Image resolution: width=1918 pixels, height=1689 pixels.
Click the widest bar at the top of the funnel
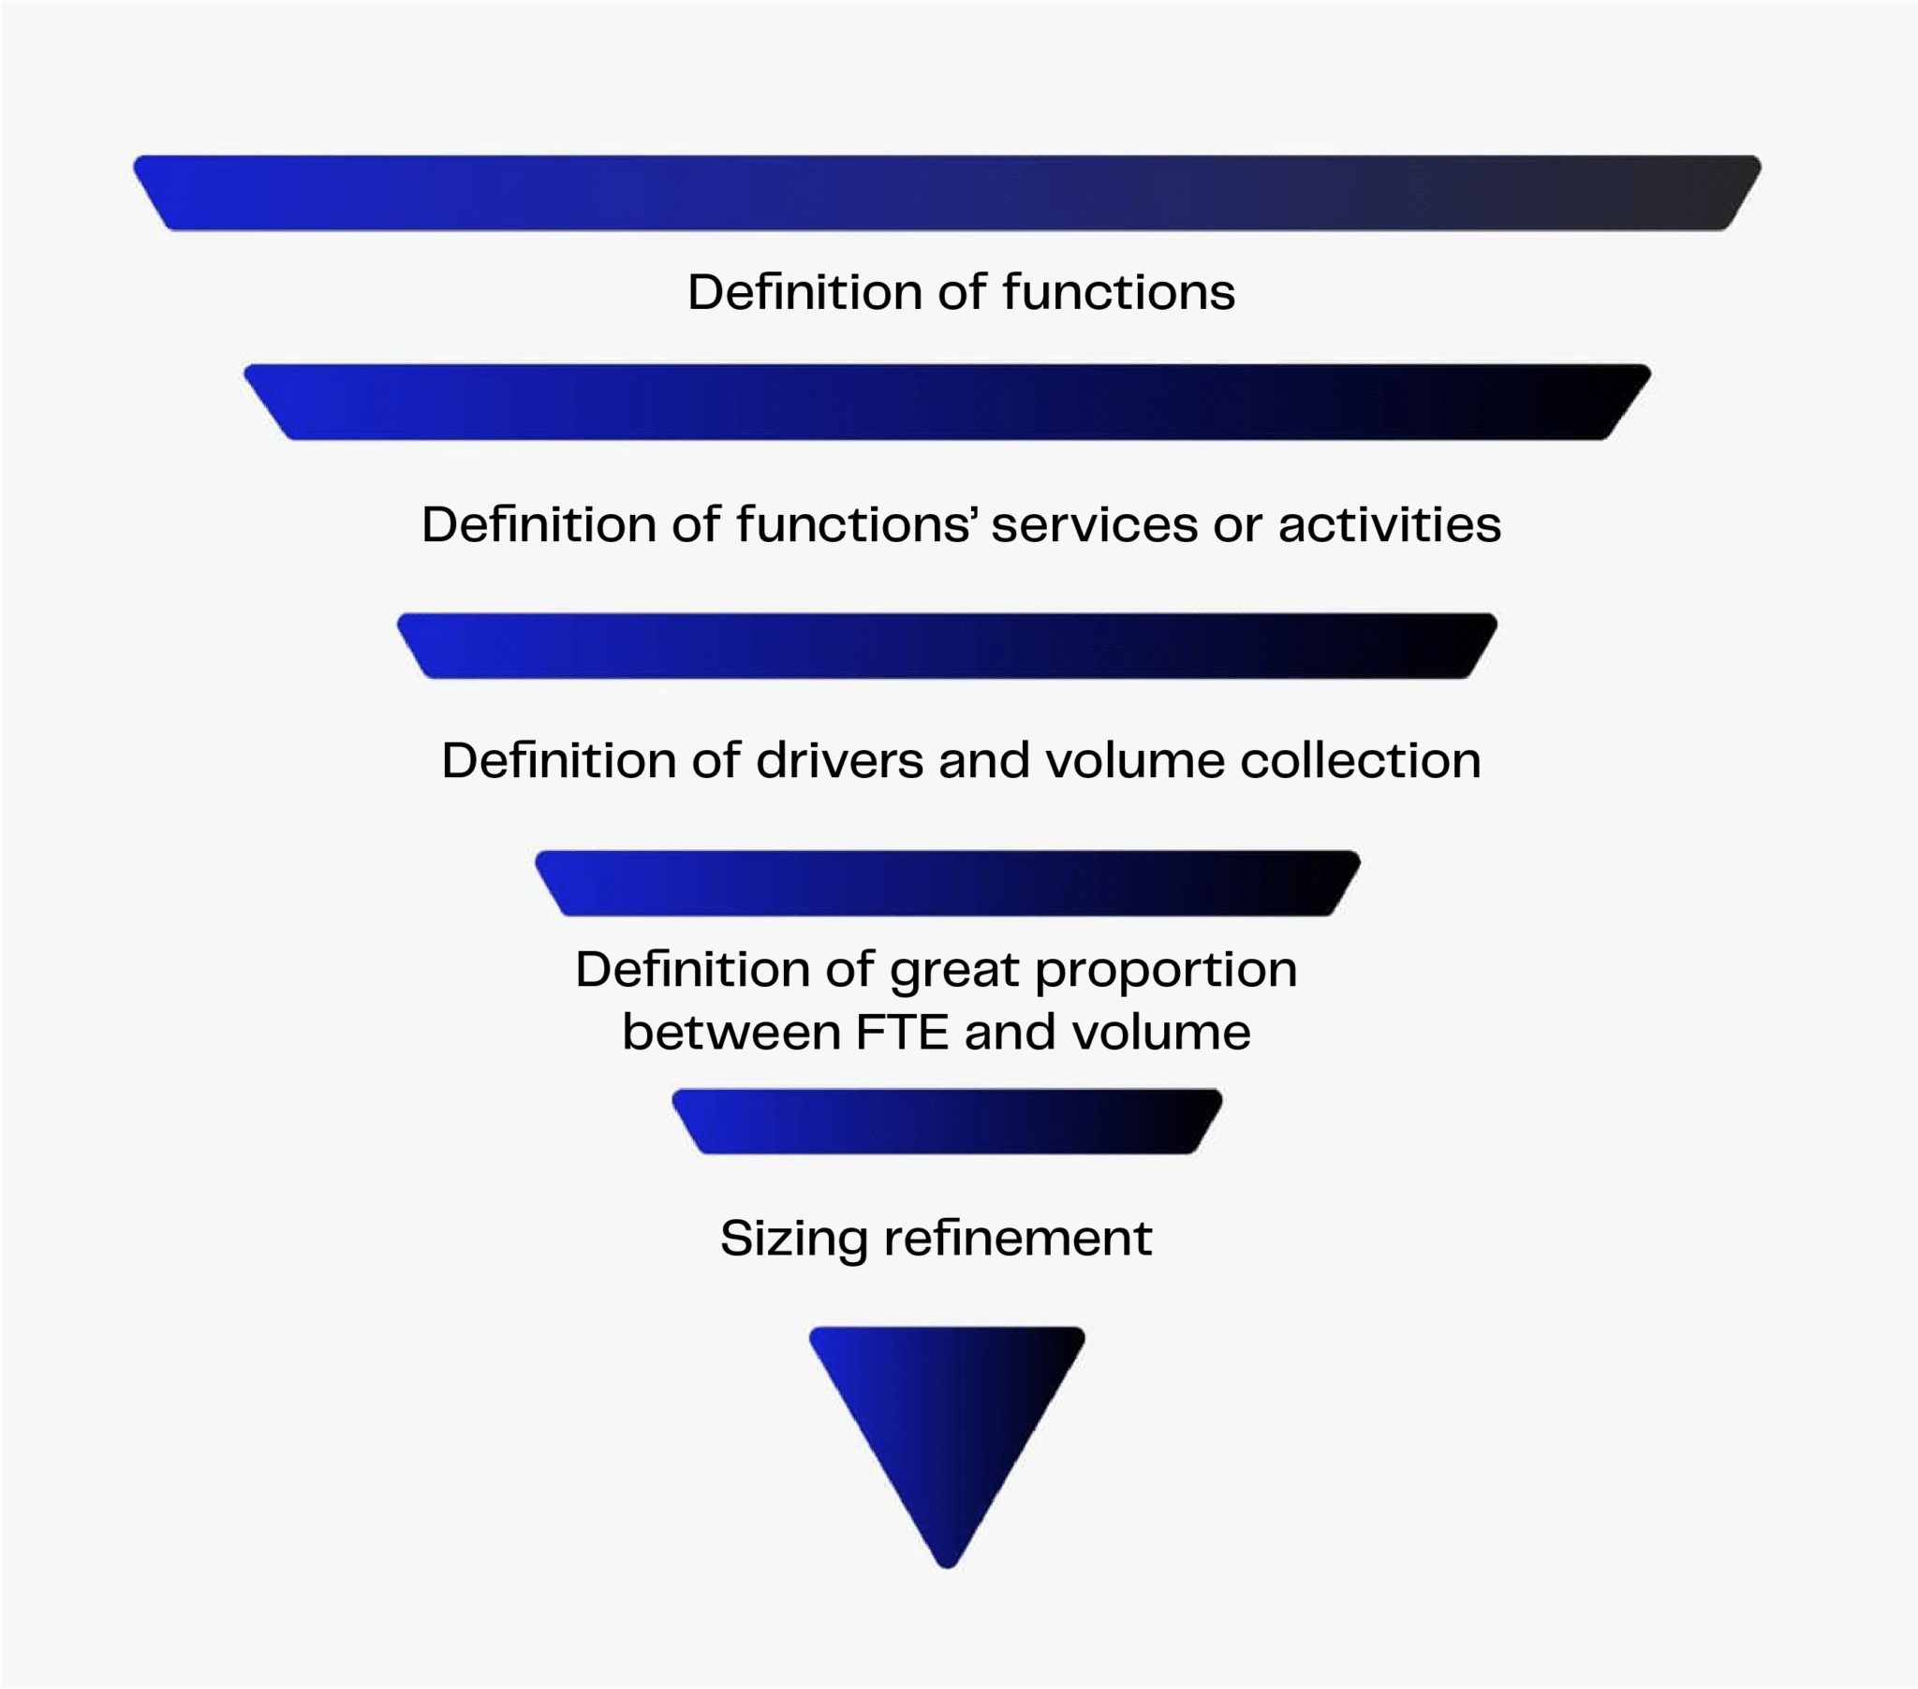947,192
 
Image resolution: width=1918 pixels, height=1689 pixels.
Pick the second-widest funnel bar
947,402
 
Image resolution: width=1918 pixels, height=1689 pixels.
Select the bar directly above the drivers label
947,646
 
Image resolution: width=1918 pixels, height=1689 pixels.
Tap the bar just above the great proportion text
947,883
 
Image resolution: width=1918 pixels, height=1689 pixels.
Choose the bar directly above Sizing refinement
947,1121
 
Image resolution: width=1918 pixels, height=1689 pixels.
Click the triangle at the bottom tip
947,1417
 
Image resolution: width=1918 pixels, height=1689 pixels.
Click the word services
1094,524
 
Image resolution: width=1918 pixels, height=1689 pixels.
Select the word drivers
839,760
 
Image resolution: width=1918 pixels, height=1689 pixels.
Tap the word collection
1361,760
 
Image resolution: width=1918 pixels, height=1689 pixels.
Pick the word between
730,1032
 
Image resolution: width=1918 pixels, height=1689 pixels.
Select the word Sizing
793,1240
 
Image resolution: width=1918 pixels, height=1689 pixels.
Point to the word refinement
1017,1238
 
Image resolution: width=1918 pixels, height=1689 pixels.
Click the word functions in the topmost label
1118,292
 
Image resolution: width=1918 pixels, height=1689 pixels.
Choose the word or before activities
1237,525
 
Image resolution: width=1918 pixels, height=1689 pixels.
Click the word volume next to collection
1134,760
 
